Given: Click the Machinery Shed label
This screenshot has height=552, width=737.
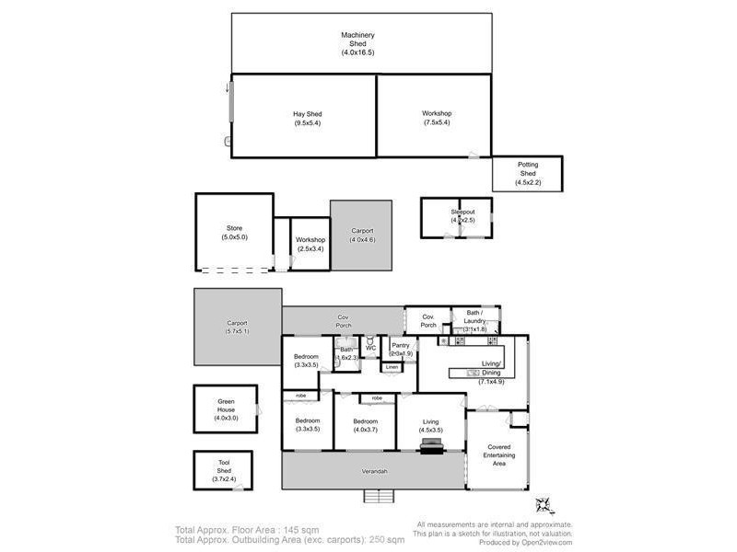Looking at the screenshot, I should click(357, 40).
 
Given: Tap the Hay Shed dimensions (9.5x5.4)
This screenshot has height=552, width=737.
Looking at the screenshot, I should click(308, 123).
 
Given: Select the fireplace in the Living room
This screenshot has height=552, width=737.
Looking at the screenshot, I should click(430, 446).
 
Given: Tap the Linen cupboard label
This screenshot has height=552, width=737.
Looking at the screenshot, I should click(392, 367).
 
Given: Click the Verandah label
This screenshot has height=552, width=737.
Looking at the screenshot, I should click(373, 471).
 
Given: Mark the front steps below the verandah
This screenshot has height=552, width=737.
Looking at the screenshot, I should click(378, 497).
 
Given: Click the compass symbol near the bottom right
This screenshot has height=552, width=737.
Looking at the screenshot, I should click(544, 504).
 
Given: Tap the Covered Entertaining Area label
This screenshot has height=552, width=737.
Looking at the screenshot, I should click(498, 455).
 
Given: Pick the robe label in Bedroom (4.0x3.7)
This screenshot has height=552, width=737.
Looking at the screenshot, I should click(377, 398).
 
